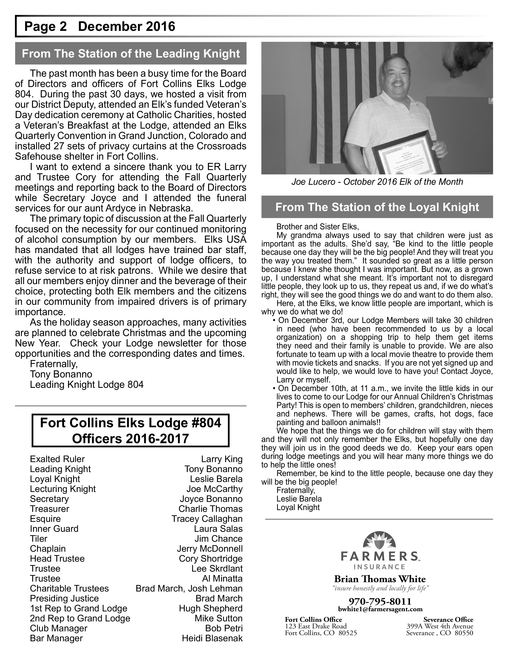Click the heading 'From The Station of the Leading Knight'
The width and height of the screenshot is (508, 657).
click(x=131, y=54)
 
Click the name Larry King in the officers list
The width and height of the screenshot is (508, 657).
click(x=222, y=459)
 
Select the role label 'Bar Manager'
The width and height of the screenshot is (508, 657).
click(x=56, y=638)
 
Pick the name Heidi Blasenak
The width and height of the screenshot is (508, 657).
click(x=212, y=638)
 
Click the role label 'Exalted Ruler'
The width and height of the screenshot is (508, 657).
click(x=57, y=459)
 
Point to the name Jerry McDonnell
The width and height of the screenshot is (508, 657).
click(x=210, y=549)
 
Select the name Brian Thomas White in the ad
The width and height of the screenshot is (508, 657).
click(x=380, y=579)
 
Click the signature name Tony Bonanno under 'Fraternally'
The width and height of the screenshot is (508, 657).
click(x=61, y=374)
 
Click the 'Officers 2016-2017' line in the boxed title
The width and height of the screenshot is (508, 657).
click(x=130, y=439)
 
